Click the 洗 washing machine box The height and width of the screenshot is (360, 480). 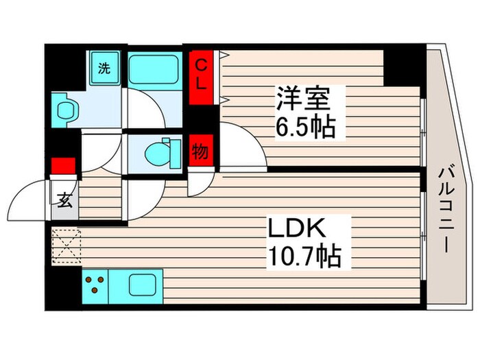[x=104, y=69]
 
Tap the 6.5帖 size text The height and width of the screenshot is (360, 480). [x=307, y=127]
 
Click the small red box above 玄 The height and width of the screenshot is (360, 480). [x=63, y=167]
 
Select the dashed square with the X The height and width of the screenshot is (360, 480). [x=66, y=246]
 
